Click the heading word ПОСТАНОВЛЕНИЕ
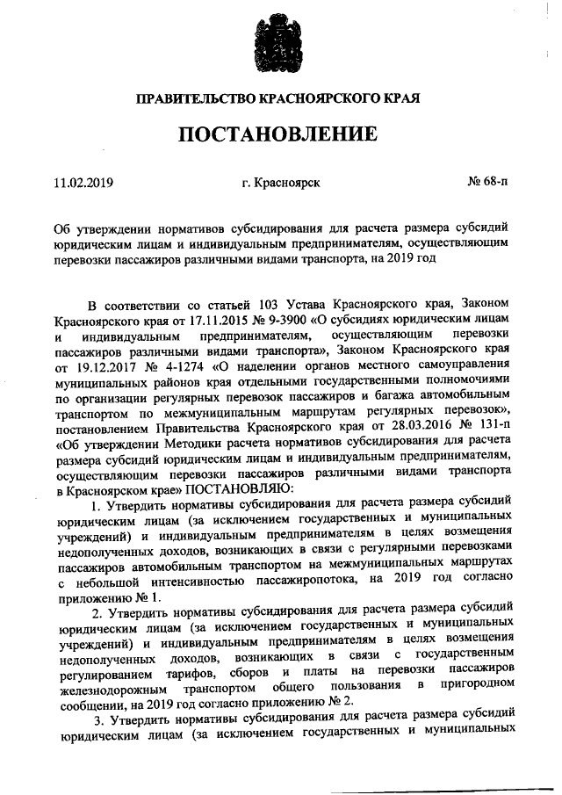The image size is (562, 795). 280,135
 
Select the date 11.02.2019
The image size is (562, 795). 83,183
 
